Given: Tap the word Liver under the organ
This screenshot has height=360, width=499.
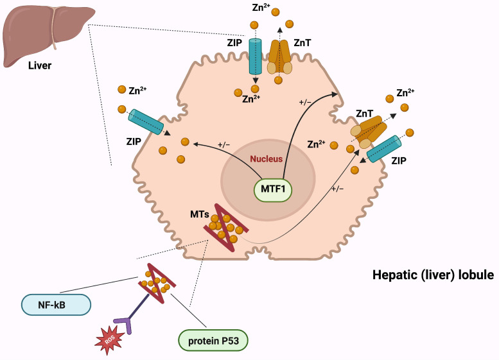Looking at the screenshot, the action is point(40,66).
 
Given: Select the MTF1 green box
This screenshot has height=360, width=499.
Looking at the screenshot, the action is point(273,189).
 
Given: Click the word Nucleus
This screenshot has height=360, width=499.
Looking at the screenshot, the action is point(266,159).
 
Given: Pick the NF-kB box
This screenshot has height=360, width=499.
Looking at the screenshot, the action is point(56,305).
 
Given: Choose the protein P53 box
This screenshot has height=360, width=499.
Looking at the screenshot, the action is point(213,341).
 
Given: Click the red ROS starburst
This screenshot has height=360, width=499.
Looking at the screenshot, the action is point(110,340).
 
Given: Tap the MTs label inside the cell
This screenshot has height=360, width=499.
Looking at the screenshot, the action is point(200,214).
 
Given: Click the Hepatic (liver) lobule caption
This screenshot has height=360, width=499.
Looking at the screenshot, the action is point(433,275).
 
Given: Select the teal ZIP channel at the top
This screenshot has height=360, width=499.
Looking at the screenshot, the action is point(255,56).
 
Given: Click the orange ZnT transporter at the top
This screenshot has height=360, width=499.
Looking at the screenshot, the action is point(279,57).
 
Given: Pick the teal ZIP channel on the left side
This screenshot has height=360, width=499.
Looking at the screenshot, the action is point(145,122).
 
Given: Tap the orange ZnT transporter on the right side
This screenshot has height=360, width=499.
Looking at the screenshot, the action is point(369,131).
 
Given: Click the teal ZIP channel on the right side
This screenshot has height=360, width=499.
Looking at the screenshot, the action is point(384,149).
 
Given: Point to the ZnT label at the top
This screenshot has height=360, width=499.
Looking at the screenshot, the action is point(302,42).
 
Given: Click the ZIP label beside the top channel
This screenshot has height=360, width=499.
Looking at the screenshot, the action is point(234,42).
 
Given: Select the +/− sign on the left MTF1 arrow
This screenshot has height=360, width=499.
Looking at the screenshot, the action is point(223,144).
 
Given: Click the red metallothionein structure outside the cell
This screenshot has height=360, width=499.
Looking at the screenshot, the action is point(157,284).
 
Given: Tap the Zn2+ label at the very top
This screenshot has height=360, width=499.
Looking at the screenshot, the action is point(261,7).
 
